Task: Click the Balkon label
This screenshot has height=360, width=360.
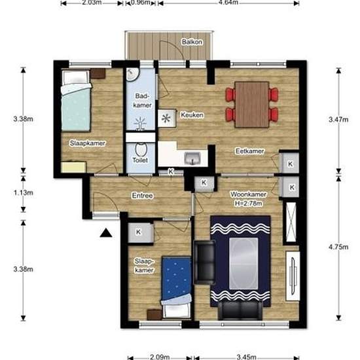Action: [x=192, y=42]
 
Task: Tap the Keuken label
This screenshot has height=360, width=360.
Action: [x=192, y=115]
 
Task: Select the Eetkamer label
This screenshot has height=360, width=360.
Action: [x=249, y=151]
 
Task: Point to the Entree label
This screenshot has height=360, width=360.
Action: [x=142, y=196]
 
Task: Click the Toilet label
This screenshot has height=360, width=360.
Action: [x=140, y=160]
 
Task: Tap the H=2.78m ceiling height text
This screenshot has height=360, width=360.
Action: [x=248, y=204]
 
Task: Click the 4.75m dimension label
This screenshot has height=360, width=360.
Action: [x=338, y=247]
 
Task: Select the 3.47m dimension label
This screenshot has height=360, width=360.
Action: [x=338, y=119]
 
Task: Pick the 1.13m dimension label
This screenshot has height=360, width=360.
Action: [x=23, y=192]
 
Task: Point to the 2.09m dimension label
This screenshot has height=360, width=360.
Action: [x=160, y=357]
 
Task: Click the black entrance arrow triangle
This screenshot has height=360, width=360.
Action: [x=106, y=233]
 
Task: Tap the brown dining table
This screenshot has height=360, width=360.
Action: [x=252, y=105]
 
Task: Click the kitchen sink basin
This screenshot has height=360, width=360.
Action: [x=192, y=158]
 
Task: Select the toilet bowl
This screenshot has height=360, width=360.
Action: [x=141, y=149]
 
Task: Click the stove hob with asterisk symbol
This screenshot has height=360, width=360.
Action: [x=167, y=118]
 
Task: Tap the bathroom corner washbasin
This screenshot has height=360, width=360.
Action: [x=132, y=74]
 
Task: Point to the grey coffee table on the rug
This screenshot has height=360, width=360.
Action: [x=243, y=263]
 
